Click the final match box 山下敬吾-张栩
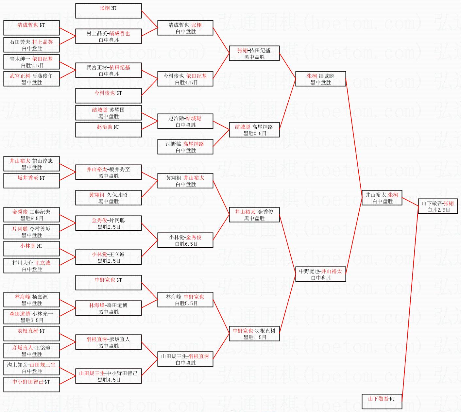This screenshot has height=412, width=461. point(438,206)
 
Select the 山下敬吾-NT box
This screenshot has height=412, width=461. point(382,402)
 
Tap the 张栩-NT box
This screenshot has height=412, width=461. point(108,11)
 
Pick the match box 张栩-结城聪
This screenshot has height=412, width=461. point(321,79)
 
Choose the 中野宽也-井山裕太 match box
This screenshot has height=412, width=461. point(321,274)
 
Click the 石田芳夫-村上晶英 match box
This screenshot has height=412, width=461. point(31,45)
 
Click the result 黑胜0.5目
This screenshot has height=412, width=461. point(255,134)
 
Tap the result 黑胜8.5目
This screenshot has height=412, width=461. point(32,219)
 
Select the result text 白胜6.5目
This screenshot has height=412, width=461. point(186,244)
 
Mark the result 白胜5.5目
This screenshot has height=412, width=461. point(186,303)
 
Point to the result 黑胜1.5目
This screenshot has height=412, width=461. point(255,338)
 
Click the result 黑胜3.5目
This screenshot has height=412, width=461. point(32,321)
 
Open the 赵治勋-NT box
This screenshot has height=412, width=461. point(108,130)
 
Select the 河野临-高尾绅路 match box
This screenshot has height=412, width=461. point(185,147)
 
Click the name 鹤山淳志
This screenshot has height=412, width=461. point(42,161)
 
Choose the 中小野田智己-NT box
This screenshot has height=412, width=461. point(31,385)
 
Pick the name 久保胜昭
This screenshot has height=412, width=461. point(117,195)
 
